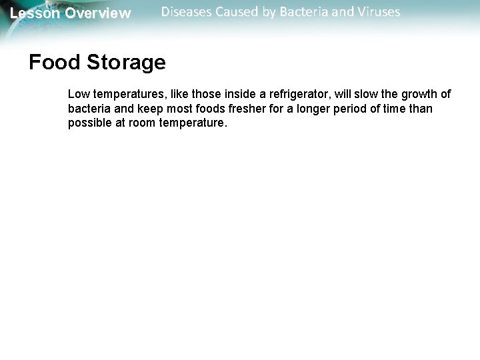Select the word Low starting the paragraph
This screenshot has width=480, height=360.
tap(78, 93)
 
